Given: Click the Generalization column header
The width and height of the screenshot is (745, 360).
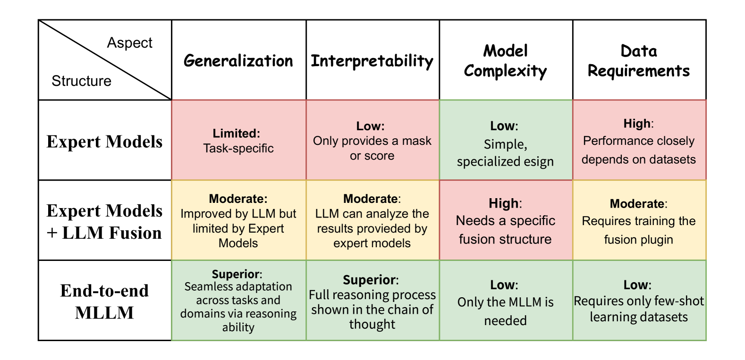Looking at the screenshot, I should click(x=238, y=61).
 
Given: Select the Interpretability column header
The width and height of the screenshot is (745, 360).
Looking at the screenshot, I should click(x=372, y=61).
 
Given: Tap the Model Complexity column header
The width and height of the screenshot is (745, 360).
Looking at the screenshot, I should click(x=506, y=61).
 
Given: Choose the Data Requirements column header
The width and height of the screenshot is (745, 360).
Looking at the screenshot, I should click(x=639, y=61).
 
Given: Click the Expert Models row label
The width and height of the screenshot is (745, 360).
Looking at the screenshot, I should click(x=104, y=141).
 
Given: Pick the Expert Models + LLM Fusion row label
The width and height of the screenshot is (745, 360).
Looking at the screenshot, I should click(x=104, y=221).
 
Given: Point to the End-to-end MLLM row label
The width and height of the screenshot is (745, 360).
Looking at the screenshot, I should click(x=104, y=301).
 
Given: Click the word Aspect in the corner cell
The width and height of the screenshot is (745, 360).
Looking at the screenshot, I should click(x=129, y=43).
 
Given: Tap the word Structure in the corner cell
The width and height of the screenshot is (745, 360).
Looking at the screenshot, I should click(x=81, y=81).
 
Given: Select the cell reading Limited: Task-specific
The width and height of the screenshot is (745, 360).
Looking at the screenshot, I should click(x=238, y=141).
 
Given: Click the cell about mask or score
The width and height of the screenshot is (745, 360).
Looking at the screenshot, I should click(x=372, y=141).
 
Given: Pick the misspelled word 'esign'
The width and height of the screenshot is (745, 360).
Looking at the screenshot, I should click(x=538, y=161).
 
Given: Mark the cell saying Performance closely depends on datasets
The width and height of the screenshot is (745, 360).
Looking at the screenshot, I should click(x=639, y=141).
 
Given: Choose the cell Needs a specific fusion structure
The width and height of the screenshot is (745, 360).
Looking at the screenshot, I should click(x=506, y=221).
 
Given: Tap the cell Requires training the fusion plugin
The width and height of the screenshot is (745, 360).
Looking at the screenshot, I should click(x=639, y=221).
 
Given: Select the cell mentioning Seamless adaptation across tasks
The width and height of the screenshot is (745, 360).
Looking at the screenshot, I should click(x=238, y=301).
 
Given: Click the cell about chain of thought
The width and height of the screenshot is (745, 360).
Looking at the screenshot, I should click(x=372, y=302).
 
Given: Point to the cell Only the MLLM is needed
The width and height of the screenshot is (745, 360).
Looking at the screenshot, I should click(x=506, y=302).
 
